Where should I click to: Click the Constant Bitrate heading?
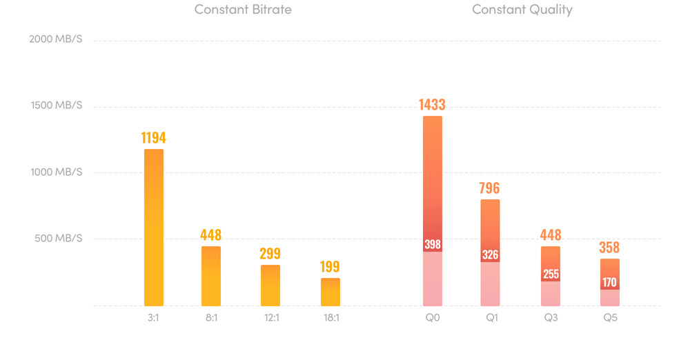coord(243,10)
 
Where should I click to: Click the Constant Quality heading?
coord(522,10)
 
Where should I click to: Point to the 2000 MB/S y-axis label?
coord(56,39)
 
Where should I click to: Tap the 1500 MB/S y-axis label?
coord(57,106)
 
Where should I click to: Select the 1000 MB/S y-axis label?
coord(56,172)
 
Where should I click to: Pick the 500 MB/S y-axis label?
coord(59,239)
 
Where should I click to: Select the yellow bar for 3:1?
coord(154,228)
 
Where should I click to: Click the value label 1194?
coord(154,138)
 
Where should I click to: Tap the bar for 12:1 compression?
coord(270,286)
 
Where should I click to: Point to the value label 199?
coord(331,267)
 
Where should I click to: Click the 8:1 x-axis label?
coord(211,318)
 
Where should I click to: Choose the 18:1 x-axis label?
coord(331,318)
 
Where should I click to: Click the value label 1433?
coord(432,105)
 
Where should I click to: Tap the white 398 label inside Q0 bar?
coord(433,245)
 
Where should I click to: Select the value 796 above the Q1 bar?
coord(490,188)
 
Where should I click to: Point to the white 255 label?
coord(551,274)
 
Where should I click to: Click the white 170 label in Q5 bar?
coord(609,282)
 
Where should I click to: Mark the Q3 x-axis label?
coord(551,318)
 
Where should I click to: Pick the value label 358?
coord(609,248)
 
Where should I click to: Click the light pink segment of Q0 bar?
coord(433,279)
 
